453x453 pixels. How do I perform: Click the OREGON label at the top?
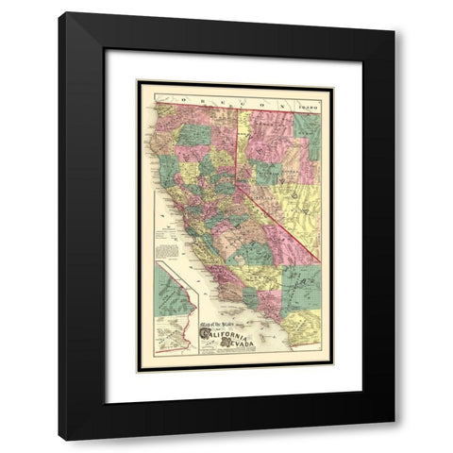click(203, 95)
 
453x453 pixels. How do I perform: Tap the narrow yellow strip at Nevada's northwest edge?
click(240, 142)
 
